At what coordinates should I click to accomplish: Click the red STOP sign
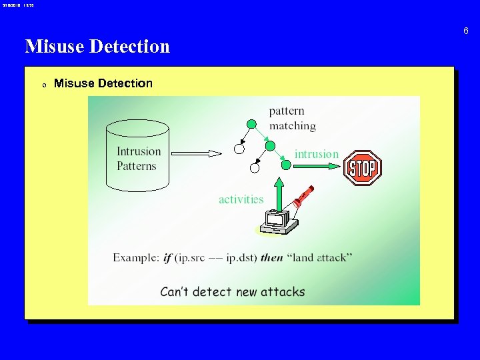point(363,167)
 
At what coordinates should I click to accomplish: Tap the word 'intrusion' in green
point(317,154)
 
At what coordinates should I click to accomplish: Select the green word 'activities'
point(241,199)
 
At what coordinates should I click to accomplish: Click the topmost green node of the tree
point(251,123)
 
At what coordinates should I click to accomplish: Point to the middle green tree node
point(270,145)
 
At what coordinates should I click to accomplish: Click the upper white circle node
point(239,149)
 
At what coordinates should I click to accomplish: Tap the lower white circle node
point(254,169)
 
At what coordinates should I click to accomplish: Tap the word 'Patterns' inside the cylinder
point(137,166)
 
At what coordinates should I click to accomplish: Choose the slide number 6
point(466,31)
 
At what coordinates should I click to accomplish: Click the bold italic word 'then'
point(271,257)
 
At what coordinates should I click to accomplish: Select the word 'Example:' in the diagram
point(136,257)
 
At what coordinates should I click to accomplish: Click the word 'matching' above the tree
point(293,125)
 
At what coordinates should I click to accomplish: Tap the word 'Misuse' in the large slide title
point(55,46)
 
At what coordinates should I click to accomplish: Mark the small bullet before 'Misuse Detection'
point(43,85)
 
